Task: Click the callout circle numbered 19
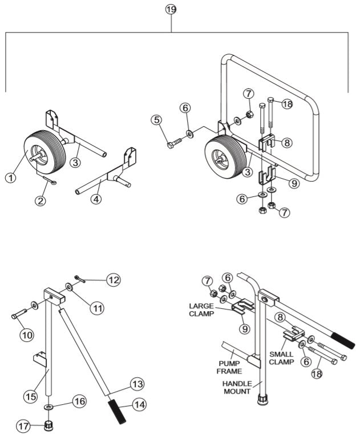[x=171, y=10]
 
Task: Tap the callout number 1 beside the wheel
[x=10, y=178]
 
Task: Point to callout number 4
[x=96, y=199]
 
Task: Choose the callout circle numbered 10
[x=26, y=335]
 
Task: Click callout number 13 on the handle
[x=137, y=383]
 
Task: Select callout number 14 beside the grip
[x=139, y=404]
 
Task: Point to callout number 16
[x=80, y=401]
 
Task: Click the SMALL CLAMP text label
[x=282, y=358]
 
